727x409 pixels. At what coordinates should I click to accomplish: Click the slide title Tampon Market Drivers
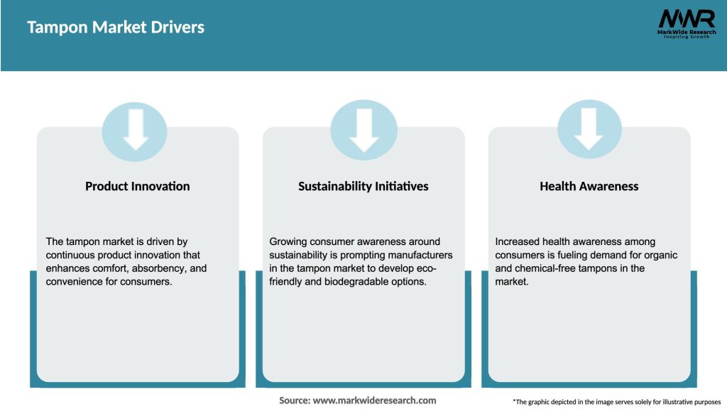tap(116, 28)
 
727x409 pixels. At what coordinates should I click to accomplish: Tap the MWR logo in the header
tap(687, 23)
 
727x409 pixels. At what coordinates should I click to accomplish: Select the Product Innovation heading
tap(137, 187)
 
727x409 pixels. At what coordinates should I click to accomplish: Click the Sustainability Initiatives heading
tap(363, 187)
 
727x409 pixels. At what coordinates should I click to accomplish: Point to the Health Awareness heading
tap(589, 187)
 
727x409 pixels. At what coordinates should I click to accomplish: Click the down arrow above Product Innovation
tap(136, 130)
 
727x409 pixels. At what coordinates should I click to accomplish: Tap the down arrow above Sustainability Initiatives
tap(364, 131)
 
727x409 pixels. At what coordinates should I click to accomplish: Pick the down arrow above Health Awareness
tap(589, 129)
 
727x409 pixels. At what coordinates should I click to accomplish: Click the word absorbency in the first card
tap(158, 268)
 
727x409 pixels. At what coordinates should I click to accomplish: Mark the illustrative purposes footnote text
tap(617, 402)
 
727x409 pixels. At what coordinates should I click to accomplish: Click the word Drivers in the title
tap(177, 28)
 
